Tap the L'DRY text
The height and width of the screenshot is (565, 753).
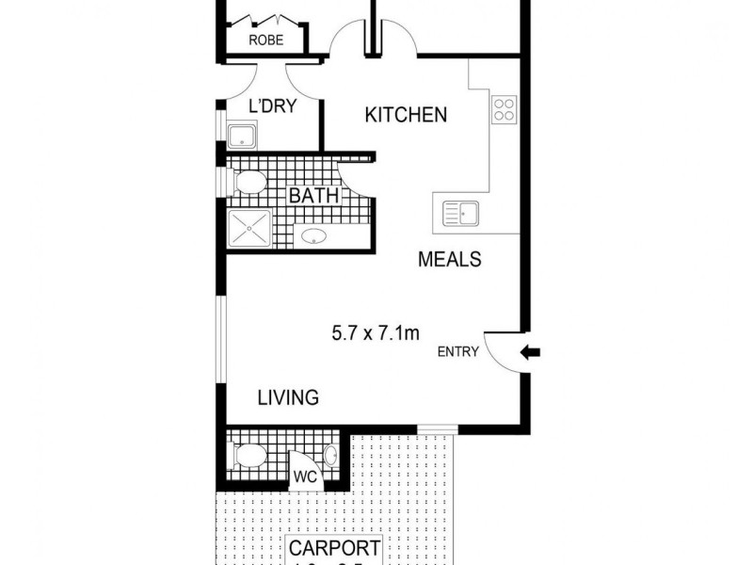coord(271,106)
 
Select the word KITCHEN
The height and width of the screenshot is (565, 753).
coord(406,116)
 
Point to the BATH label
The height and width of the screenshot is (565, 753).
coord(313,197)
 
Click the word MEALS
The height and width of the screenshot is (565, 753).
coord(450,259)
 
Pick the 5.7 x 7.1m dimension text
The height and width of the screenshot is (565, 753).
coord(375,332)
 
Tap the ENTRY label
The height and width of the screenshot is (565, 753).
coord(458,352)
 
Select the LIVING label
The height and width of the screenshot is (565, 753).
coord(288,397)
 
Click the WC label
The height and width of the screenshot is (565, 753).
coord(303,476)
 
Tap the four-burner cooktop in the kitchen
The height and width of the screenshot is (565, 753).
coord(504,110)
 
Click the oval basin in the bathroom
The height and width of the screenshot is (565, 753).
coord(313,235)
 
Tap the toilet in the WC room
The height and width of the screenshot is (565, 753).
coord(248,458)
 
